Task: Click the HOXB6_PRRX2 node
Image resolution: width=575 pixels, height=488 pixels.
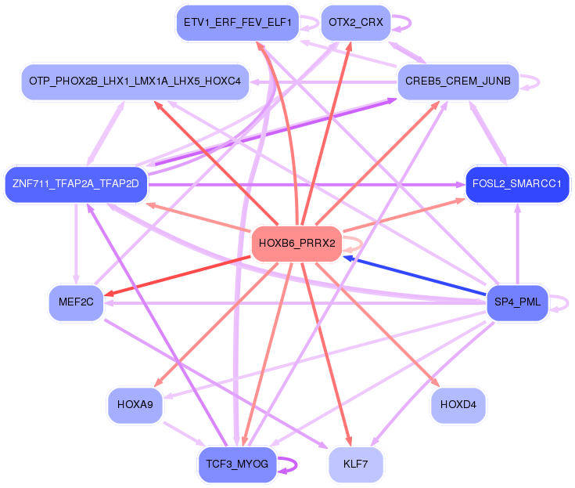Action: [296, 244]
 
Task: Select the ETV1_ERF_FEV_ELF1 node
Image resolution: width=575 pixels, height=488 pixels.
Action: [237, 22]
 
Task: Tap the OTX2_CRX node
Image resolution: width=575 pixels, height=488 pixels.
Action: [356, 22]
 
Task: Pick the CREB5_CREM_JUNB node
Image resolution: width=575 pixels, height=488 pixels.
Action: [458, 81]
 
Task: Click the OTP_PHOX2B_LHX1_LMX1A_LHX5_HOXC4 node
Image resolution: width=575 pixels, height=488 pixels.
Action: [135, 81]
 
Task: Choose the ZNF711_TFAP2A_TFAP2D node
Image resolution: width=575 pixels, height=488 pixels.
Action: [75, 184]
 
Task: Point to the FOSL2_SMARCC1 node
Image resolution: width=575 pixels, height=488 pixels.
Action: [517, 184]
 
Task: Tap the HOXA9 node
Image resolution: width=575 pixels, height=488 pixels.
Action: [135, 404]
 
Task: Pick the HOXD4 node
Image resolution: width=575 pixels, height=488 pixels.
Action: [458, 404]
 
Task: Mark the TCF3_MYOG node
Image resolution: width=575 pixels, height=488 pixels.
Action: [237, 464]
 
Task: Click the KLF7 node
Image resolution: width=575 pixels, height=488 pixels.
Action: [356, 465]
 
